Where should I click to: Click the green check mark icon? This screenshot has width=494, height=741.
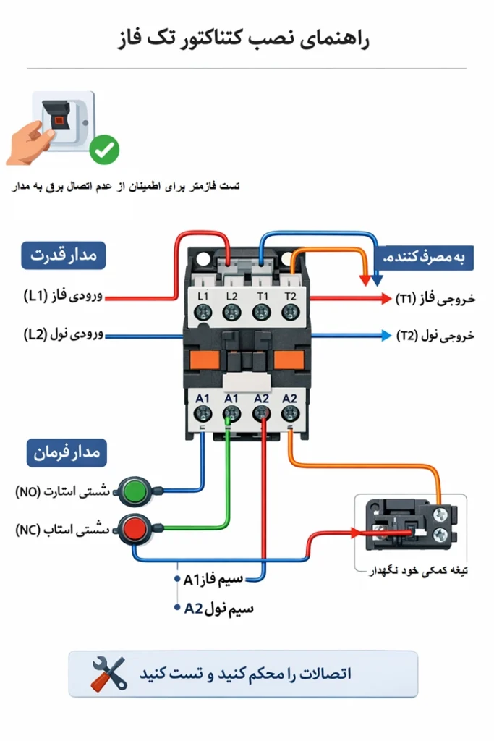click(104, 150)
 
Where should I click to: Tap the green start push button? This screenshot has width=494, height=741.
click(133, 491)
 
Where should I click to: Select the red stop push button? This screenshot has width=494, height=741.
click(133, 528)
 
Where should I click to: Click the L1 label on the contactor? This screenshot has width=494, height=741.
click(203, 297)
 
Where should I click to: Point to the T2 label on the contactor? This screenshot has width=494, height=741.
click(290, 297)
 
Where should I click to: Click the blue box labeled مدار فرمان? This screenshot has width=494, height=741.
click(67, 454)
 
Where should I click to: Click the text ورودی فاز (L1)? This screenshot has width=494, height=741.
click(63, 296)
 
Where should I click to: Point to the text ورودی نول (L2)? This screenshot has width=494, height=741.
click(63, 334)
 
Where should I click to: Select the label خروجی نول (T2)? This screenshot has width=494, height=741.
click(435, 336)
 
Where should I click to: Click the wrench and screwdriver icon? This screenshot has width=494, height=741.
click(108, 674)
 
